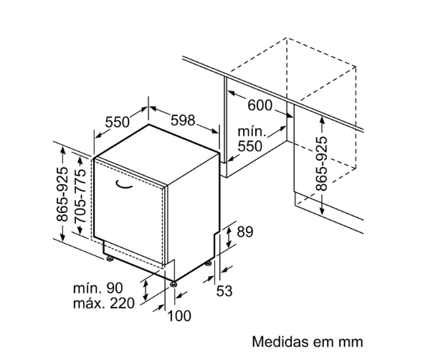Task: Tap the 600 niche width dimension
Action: click(260, 105)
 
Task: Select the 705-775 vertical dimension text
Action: click(81, 203)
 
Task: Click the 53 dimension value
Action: click(224, 290)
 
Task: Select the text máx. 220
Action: click(104, 303)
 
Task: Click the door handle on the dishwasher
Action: click(126, 185)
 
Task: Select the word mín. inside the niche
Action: click(251, 132)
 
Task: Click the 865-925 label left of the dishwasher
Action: click(62, 194)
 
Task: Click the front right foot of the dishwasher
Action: click(174, 283)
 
